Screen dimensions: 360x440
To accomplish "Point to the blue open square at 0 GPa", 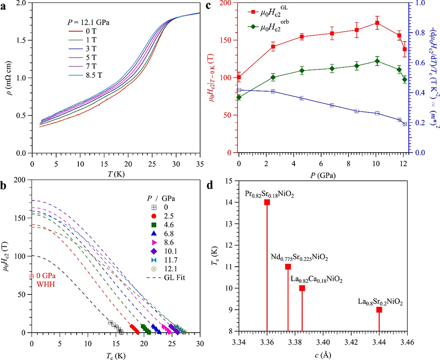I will pos(239,90).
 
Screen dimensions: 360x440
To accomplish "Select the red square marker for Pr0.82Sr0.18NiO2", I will pos(267,202).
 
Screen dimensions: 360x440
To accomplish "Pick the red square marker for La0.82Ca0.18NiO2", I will pos(302,288).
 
